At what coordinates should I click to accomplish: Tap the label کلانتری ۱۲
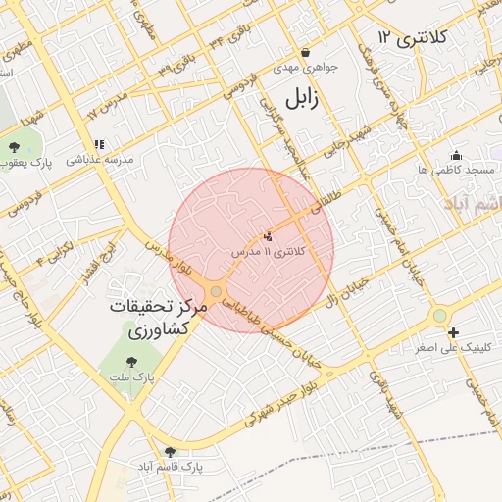point(412,38)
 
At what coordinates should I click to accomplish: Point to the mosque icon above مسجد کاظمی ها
point(455,155)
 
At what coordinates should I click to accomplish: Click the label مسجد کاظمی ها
point(455,171)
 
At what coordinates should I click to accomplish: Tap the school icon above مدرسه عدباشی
point(98,144)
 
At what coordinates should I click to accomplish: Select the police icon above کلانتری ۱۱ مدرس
point(267,235)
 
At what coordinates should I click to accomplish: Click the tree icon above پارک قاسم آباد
point(171,451)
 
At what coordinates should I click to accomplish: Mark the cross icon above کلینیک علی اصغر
point(453,333)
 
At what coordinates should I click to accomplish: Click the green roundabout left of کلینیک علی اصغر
point(440,315)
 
